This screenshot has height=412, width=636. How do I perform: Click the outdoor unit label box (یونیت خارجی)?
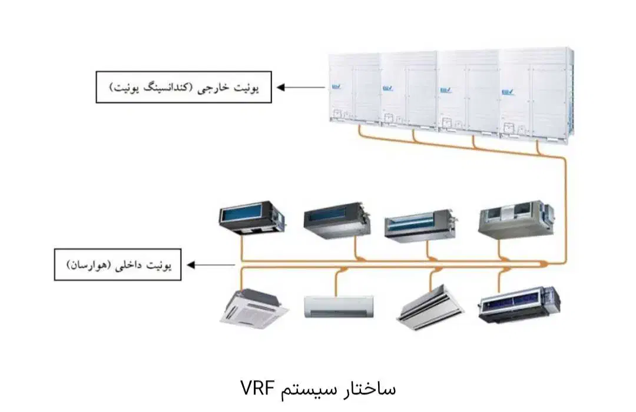[184, 87]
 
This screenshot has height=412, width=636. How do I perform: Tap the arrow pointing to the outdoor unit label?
[301, 88]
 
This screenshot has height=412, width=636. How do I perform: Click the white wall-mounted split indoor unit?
[339, 307]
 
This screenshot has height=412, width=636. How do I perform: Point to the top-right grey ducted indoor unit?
[516, 220]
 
